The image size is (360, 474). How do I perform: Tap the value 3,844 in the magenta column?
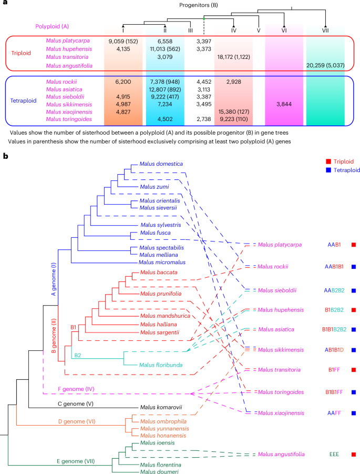[284, 104]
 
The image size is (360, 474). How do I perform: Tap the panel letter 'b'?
[5, 156]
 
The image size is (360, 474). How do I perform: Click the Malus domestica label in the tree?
[160, 164]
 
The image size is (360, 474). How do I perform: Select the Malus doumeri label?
[159, 472]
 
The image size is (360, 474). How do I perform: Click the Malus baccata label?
[158, 273]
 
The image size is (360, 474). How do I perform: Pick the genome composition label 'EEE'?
[333, 454]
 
